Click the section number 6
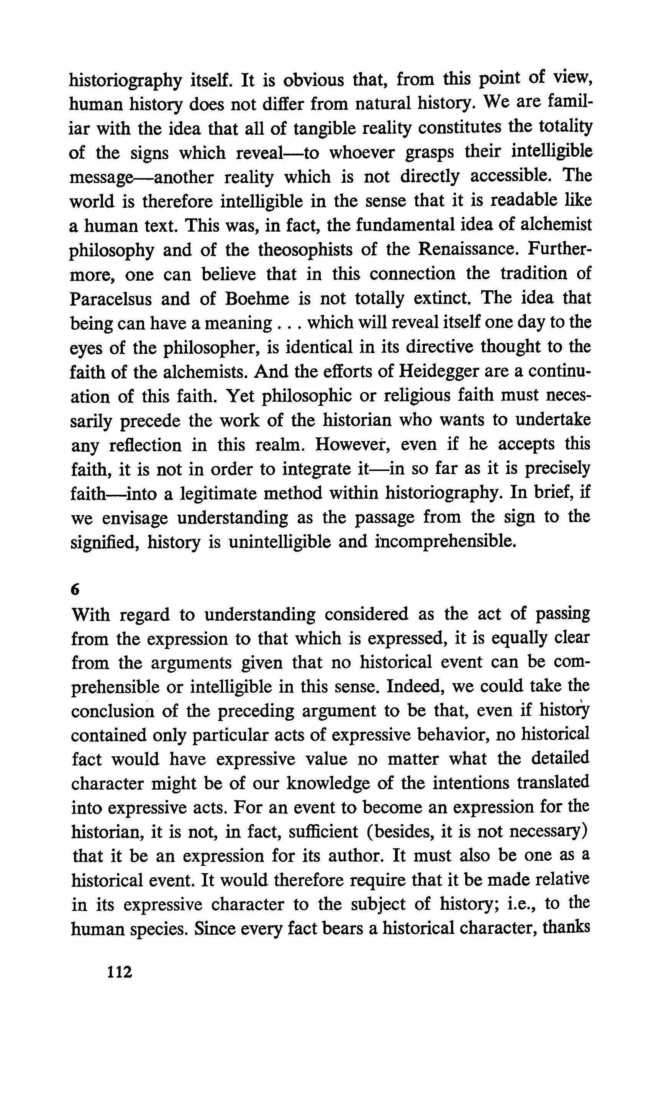coord(75,590)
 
